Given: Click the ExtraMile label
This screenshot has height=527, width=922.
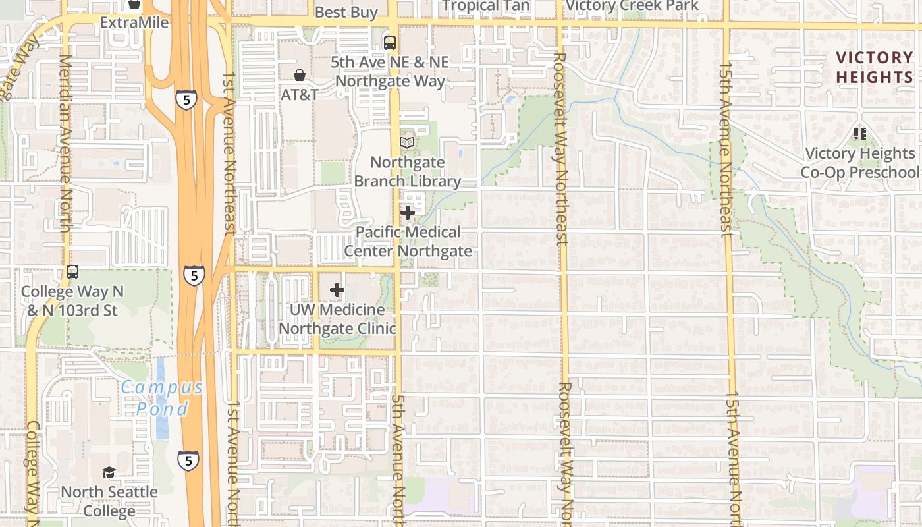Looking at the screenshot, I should [x=134, y=23].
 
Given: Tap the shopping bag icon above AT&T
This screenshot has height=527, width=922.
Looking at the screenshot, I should [x=300, y=75].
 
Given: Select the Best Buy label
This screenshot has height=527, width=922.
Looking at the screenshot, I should [x=346, y=12].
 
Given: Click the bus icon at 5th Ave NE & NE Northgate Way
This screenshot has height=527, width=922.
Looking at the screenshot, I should [x=390, y=43].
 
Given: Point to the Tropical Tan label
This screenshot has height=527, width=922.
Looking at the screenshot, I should [x=485, y=6].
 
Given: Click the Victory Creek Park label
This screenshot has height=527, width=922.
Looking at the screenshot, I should [x=632, y=6].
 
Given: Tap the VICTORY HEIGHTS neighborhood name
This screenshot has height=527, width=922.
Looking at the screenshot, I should [x=874, y=67].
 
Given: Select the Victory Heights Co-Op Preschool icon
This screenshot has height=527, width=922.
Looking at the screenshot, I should [x=859, y=134].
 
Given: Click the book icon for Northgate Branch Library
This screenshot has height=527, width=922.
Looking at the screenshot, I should [x=407, y=143].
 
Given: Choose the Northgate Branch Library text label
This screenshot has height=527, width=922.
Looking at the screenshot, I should [x=407, y=171].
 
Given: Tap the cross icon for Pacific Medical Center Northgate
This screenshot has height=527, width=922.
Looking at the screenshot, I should [x=408, y=213].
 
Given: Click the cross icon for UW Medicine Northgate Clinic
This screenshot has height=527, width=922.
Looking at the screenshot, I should [x=337, y=290].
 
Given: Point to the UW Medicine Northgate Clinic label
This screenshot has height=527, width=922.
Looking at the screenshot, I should [x=337, y=319].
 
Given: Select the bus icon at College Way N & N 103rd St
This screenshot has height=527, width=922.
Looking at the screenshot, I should [x=72, y=271].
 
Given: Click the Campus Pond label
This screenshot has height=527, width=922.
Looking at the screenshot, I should [x=162, y=398].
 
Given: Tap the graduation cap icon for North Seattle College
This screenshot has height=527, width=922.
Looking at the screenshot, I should [x=109, y=472].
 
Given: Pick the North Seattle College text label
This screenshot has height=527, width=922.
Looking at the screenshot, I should [x=109, y=501].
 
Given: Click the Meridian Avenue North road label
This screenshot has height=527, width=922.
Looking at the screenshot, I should [x=65, y=143].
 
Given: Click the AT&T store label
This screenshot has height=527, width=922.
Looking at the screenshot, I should [x=300, y=94].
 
